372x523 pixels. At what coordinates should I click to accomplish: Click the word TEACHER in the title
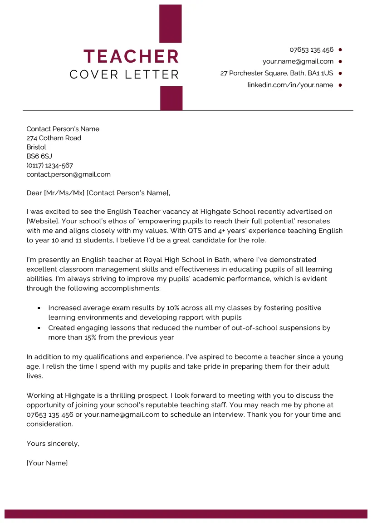[x=131, y=56]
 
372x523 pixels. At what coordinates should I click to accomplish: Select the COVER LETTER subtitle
[x=124, y=74]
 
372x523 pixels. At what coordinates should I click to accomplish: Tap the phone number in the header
[x=311, y=49]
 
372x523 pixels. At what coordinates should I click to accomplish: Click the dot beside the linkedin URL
[x=340, y=85]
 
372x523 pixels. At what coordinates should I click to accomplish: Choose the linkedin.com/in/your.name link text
[x=290, y=85]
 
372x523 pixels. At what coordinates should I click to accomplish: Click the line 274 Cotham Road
[x=54, y=138]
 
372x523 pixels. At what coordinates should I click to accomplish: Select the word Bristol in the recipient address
[x=36, y=147]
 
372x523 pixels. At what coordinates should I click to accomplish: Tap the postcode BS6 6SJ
[x=39, y=156]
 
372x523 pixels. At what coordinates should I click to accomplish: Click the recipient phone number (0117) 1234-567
[x=49, y=165]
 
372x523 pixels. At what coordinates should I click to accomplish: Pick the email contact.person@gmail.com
[x=68, y=174]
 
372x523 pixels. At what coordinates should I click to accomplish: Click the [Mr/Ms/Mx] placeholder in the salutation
[x=64, y=193]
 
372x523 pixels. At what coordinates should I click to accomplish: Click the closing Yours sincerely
[x=53, y=444]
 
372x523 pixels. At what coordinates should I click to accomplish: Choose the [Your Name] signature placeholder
[x=47, y=463]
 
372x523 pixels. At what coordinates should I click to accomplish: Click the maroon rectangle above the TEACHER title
[x=171, y=24]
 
